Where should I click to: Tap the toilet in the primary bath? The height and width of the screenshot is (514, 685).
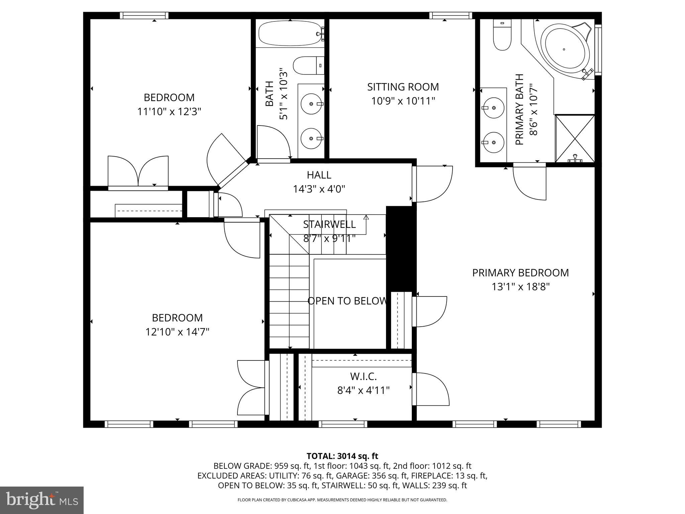click(502, 35)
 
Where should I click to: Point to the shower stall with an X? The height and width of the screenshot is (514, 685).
click(575, 138)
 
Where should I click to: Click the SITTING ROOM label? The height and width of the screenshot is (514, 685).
click(403, 87)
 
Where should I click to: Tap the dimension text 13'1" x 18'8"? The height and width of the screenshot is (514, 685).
click(520, 287)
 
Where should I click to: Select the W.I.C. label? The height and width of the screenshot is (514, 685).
click(363, 376)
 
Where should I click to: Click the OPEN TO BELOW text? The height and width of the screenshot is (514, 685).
click(347, 301)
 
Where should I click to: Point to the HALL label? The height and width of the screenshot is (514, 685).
click(319, 175)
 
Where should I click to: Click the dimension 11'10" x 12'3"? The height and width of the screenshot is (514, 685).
click(169, 111)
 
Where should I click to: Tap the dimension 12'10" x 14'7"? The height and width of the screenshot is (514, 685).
click(177, 332)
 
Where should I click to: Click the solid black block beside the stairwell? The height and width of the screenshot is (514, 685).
click(400, 248)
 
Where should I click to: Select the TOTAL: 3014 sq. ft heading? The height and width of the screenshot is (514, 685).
click(342, 456)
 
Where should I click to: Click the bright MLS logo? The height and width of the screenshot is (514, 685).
click(41, 500)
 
